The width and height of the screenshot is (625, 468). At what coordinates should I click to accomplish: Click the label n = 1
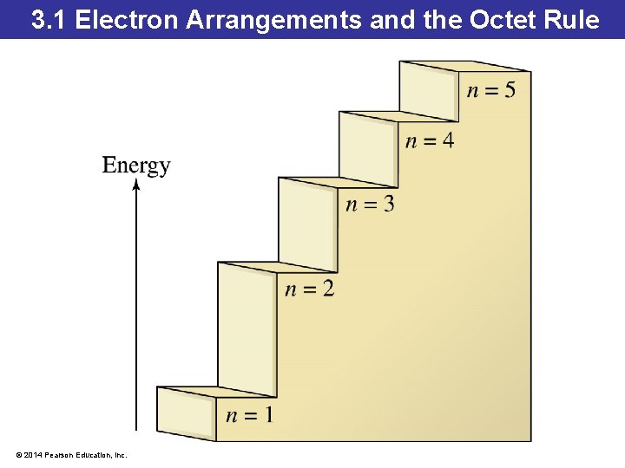pyautogui.click(x=249, y=416)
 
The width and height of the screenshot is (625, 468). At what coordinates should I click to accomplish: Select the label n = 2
pyautogui.click(x=309, y=289)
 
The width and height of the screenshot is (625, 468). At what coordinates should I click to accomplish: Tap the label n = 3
pyautogui.click(x=370, y=205)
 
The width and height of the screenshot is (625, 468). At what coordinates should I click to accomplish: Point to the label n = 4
pyautogui.click(x=430, y=140)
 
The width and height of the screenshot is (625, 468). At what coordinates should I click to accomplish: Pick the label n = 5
pyautogui.click(x=490, y=90)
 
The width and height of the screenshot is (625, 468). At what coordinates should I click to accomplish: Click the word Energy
pyautogui.click(x=136, y=166)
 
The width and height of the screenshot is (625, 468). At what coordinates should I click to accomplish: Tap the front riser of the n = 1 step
pyautogui.click(x=185, y=414)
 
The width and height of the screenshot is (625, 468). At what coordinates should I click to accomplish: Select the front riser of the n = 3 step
pyautogui.click(x=307, y=226)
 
